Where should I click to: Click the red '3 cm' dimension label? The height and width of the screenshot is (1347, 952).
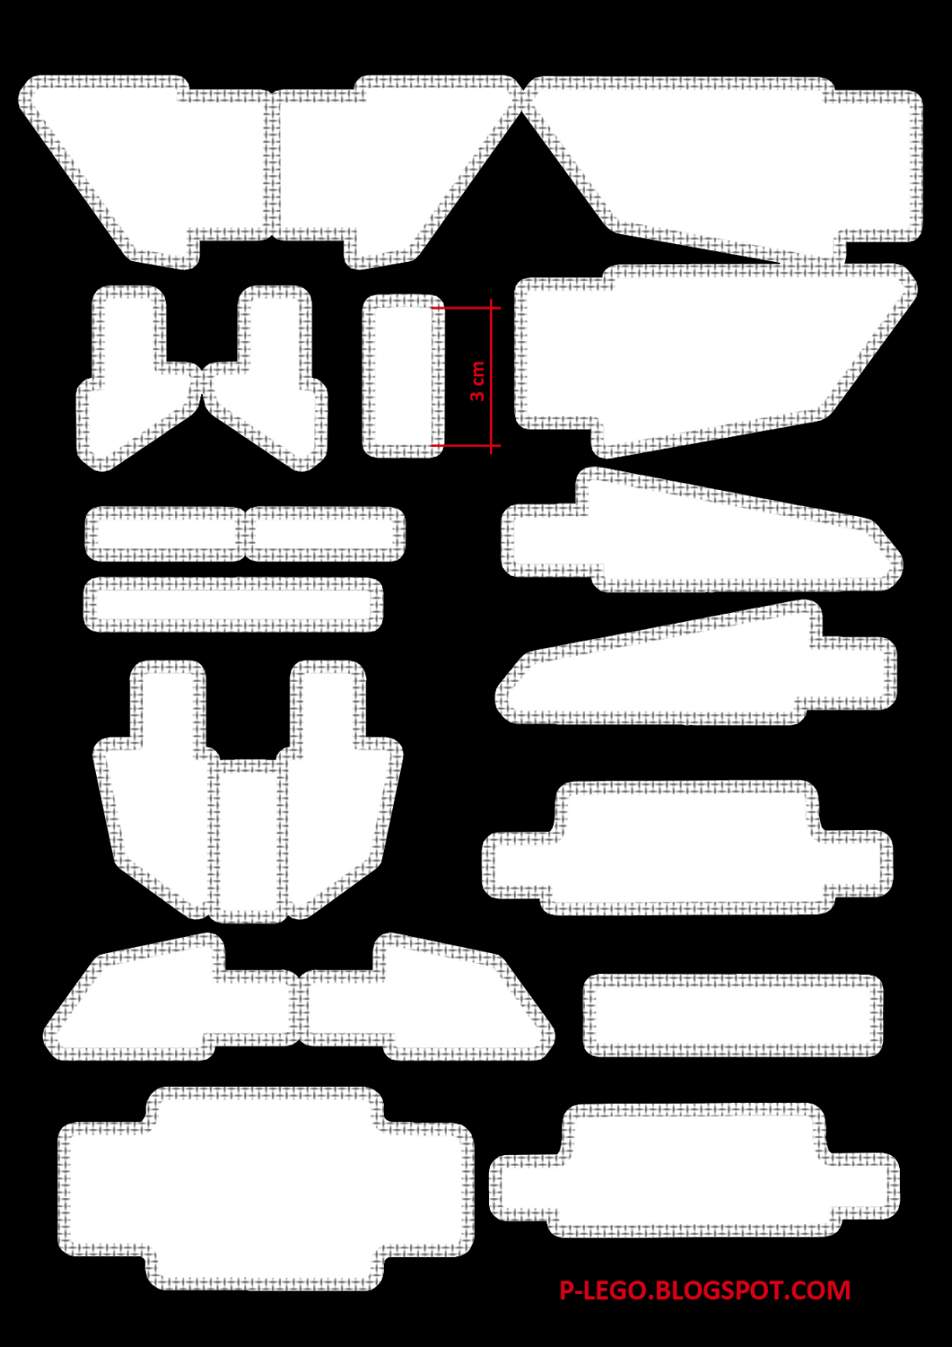coord(477,381)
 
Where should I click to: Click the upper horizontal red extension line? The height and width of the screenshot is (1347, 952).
coord(463,308)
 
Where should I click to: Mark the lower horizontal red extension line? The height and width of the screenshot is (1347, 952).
coord(463,445)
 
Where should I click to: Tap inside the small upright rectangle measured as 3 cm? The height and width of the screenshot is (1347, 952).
coord(403,375)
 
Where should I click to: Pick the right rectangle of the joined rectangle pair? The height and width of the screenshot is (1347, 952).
coord(324,534)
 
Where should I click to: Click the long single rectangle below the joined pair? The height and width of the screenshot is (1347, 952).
coord(233,604)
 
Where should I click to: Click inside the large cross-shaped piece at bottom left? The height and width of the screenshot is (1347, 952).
coord(265,1189)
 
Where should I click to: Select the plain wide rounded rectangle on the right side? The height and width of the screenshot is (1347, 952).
coord(732,1015)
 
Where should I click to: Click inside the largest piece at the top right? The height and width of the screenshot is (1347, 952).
coord(741,160)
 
